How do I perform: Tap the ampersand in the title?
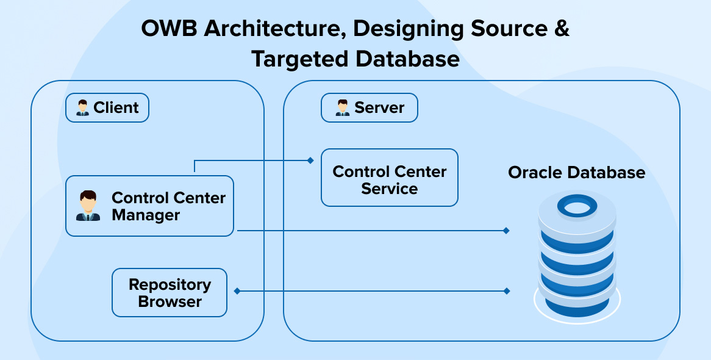point(562,29)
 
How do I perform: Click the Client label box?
point(107,108)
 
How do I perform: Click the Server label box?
point(370,108)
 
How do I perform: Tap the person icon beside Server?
point(342,108)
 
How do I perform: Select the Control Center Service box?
point(389,178)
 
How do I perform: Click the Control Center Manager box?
point(149,206)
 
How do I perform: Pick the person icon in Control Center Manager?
point(88,206)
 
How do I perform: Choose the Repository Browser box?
point(170,293)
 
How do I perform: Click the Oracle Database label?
point(576,173)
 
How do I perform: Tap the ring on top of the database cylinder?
point(576,207)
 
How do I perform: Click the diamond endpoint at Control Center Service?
point(310,160)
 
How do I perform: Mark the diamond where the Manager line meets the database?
point(506,231)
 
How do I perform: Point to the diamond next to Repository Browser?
point(237,291)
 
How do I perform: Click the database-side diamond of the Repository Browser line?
point(506,291)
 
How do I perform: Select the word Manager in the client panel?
point(146,215)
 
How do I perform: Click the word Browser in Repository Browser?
point(170,301)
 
